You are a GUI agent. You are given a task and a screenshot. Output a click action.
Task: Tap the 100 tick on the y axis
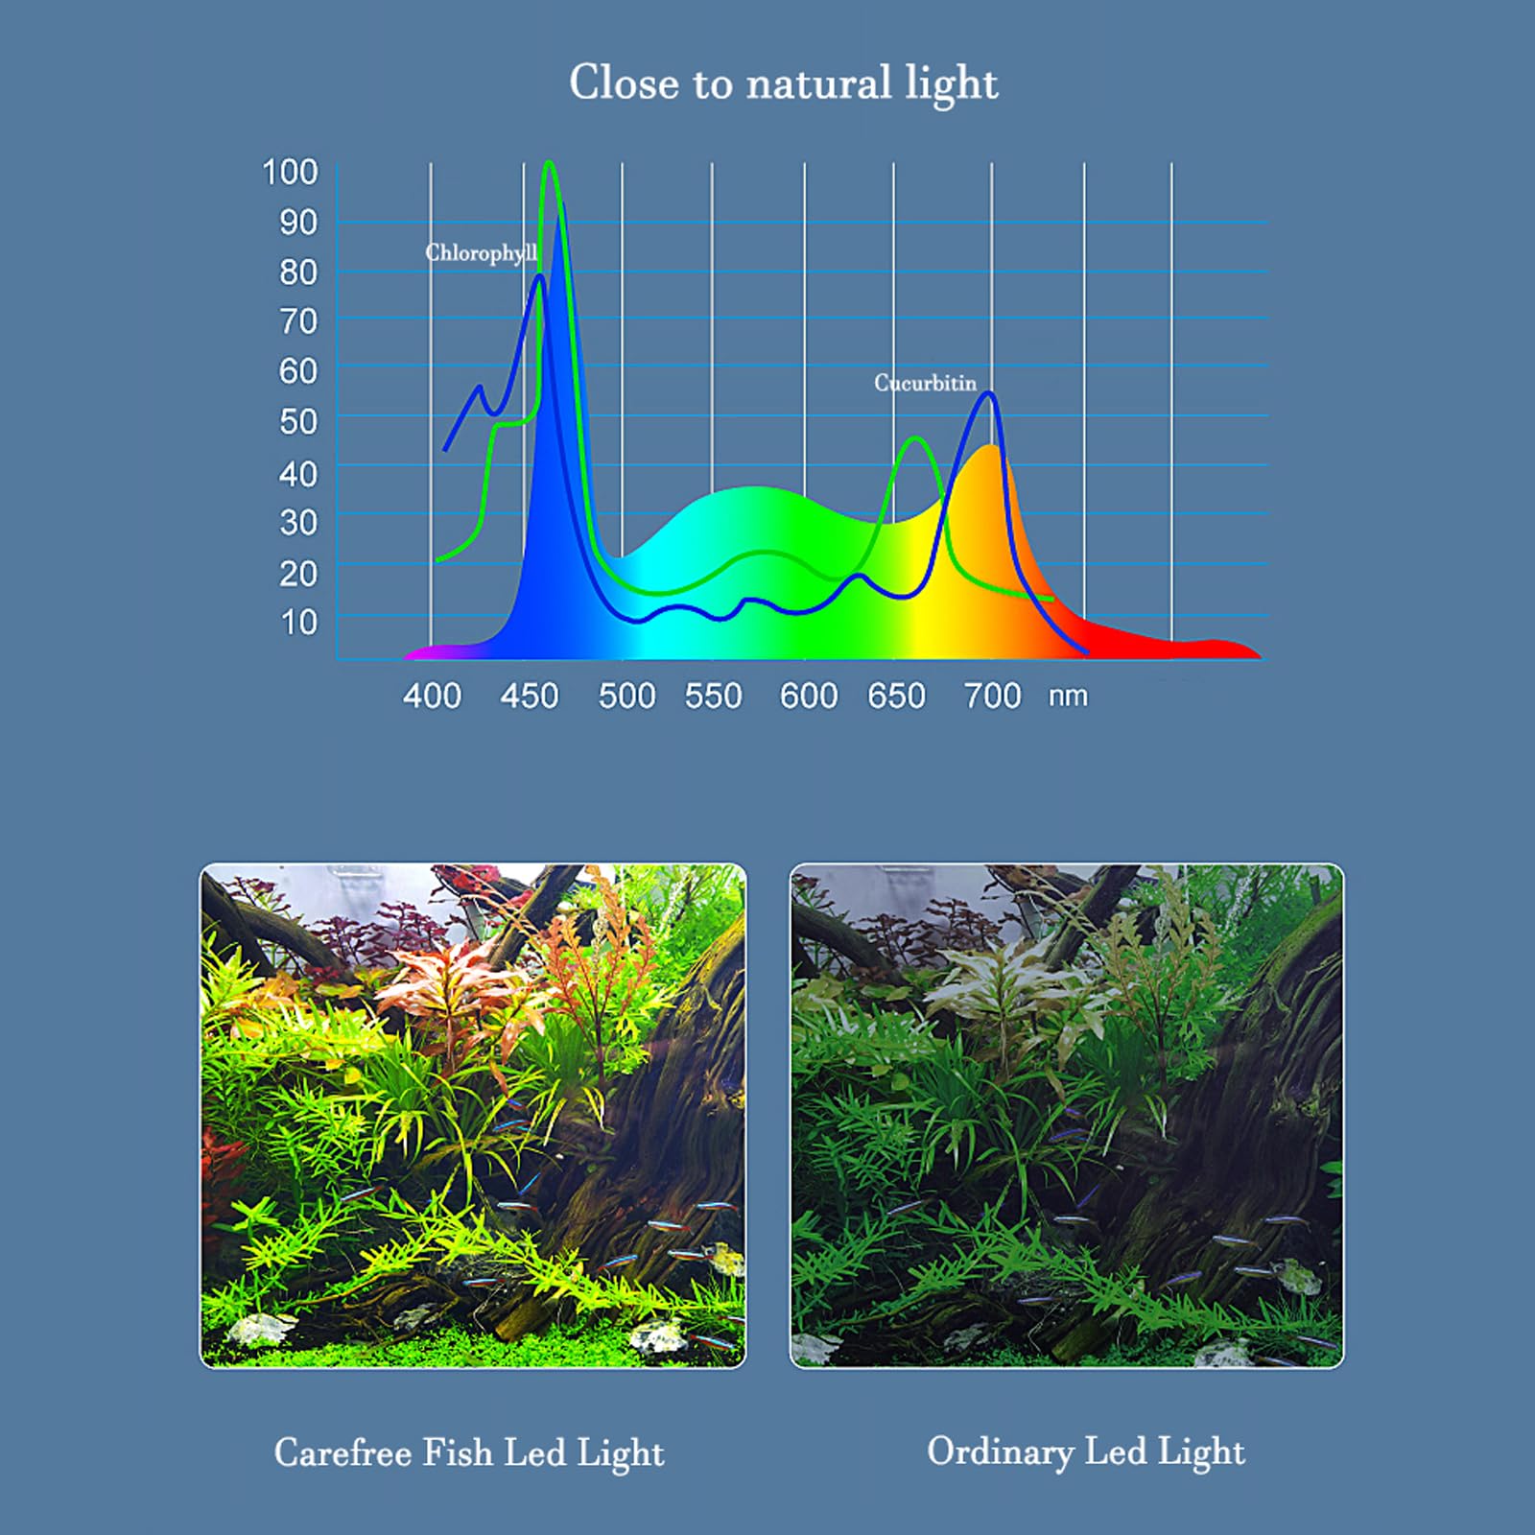pyautogui.click(x=290, y=173)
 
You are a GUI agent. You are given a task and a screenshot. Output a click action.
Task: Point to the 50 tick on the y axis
pyautogui.click(x=298, y=421)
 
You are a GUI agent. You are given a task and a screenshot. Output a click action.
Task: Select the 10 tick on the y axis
pyautogui.click(x=298, y=623)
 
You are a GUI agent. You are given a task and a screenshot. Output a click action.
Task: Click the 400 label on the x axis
pyautogui.click(x=432, y=696)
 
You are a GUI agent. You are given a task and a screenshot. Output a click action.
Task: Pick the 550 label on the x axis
pyautogui.click(x=713, y=696)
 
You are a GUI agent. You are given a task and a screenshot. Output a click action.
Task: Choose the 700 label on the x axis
pyautogui.click(x=992, y=696)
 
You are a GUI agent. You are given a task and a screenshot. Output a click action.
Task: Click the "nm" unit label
pyautogui.click(x=1068, y=696)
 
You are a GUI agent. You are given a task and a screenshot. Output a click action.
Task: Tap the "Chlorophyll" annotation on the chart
pyautogui.click(x=481, y=253)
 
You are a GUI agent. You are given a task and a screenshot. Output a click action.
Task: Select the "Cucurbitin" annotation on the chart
pyautogui.click(x=925, y=383)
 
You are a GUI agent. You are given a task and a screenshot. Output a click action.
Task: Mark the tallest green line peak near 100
pyautogui.click(x=550, y=163)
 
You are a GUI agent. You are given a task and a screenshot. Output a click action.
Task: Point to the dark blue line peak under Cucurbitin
pyautogui.click(x=988, y=393)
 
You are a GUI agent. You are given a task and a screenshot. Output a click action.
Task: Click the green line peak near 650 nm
pyautogui.click(x=916, y=438)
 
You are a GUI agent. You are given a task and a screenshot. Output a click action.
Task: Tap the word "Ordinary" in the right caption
pyautogui.click(x=1000, y=1452)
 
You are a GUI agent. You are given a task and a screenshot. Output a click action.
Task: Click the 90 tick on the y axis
pyautogui.click(x=298, y=223)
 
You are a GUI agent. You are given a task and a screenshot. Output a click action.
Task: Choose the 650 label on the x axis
pyautogui.click(x=896, y=696)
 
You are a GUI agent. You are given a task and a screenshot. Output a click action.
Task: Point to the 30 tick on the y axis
pyautogui.click(x=298, y=523)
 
